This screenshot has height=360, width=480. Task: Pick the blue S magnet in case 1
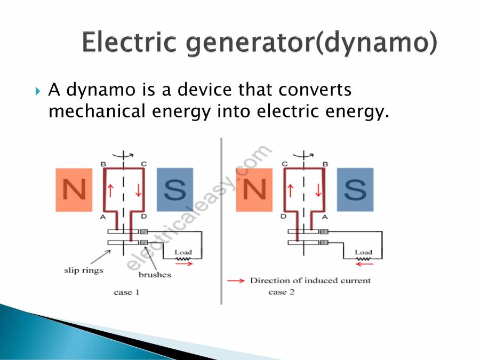(x=174, y=190)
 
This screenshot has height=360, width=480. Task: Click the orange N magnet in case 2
(x=254, y=190)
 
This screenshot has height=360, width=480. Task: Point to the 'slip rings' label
(x=80, y=270)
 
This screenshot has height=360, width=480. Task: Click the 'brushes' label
(x=155, y=275)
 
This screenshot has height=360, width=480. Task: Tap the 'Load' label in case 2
(x=363, y=252)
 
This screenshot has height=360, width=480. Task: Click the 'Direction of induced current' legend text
(x=310, y=281)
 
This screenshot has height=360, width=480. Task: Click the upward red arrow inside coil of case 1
(x=111, y=189)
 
